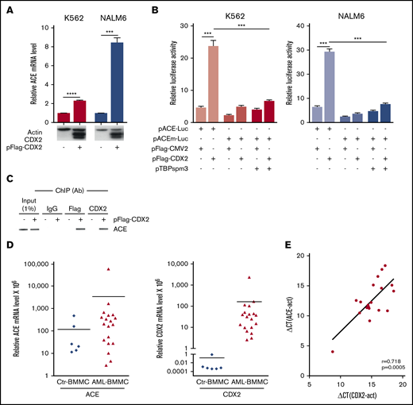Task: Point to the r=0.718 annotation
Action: pyautogui.click(x=388, y=363)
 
